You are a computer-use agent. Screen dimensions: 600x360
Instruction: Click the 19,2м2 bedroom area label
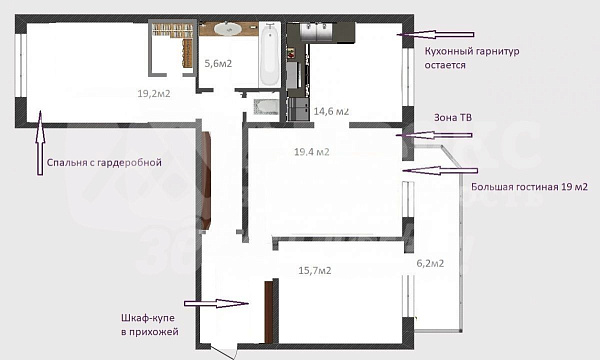pyautogui.click(x=154, y=93)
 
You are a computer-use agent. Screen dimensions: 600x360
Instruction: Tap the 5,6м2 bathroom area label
pyautogui.click(x=218, y=63)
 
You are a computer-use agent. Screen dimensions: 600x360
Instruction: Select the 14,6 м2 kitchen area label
pyautogui.click(x=331, y=111)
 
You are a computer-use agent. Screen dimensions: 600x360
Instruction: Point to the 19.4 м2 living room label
pyautogui.click(x=312, y=152)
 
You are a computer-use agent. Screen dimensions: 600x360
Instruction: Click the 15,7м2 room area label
pyautogui.click(x=315, y=270)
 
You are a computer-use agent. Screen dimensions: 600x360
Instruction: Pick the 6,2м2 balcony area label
pyautogui.click(x=430, y=263)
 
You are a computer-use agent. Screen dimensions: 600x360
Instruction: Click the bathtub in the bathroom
pyautogui.click(x=270, y=54)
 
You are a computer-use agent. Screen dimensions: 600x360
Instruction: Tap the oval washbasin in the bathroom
pyautogui.click(x=227, y=29)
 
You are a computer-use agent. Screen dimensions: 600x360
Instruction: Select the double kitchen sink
pyautogui.click(x=317, y=31)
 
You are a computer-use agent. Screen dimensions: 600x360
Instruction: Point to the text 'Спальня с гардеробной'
pyautogui.click(x=104, y=163)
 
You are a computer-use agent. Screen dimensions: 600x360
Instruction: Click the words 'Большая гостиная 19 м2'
pyautogui.click(x=529, y=187)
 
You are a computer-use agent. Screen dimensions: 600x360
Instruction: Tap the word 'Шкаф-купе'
pyautogui.click(x=148, y=318)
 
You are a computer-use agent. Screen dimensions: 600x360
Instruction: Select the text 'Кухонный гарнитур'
pyautogui.click(x=472, y=51)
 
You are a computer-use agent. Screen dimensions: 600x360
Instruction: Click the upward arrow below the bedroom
pyautogui.click(x=40, y=143)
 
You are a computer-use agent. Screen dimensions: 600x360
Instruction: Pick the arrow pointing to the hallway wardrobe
pyautogui.click(x=217, y=304)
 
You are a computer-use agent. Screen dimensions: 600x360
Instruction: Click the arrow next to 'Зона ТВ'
pyautogui.click(x=434, y=135)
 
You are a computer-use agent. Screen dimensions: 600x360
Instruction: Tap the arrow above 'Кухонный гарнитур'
pyautogui.click(x=435, y=34)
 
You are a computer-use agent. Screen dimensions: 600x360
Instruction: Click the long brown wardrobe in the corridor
pyautogui.click(x=207, y=181)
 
